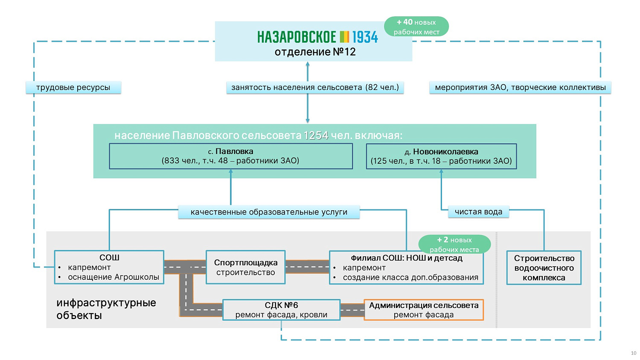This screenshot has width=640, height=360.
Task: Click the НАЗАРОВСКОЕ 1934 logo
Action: pyautogui.click(x=317, y=37)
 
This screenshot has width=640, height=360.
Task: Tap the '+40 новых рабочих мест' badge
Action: pyautogui.click(x=416, y=26)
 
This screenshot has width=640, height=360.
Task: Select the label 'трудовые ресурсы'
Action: pyautogui.click(x=73, y=87)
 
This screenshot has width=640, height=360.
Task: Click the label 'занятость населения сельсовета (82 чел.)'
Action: pyautogui.click(x=315, y=87)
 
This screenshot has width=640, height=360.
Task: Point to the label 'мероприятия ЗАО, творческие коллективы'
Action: pyautogui.click(x=520, y=87)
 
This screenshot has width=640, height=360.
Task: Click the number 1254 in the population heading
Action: pyautogui.click(x=316, y=136)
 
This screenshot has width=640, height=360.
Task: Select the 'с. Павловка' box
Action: pyautogui.click(x=231, y=156)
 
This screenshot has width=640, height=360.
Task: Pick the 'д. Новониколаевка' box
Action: pyautogui.click(x=441, y=157)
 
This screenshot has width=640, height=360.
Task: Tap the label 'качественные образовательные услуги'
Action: pyautogui.click(x=269, y=212)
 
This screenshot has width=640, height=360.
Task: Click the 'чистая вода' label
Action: pyautogui.click(x=478, y=212)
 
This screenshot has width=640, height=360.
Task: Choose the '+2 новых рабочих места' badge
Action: pyautogui.click(x=454, y=244)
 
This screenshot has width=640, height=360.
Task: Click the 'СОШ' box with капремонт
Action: pyautogui.click(x=109, y=267)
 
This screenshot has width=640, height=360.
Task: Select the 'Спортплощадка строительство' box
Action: pyautogui.click(x=245, y=267)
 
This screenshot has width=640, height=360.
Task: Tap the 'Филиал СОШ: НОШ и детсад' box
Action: pyautogui.click(x=406, y=268)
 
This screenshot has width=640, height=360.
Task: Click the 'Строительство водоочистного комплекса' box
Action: pyautogui.click(x=544, y=268)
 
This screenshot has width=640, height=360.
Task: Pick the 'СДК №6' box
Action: pyautogui.click(x=281, y=310)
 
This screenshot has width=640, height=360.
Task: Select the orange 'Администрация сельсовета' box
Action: pyautogui.click(x=424, y=310)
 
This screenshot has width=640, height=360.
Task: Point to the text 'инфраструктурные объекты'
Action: pyautogui.click(x=106, y=309)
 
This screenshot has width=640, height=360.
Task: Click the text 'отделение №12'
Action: pyautogui.click(x=315, y=52)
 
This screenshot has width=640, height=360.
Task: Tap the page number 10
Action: pyautogui.click(x=634, y=353)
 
